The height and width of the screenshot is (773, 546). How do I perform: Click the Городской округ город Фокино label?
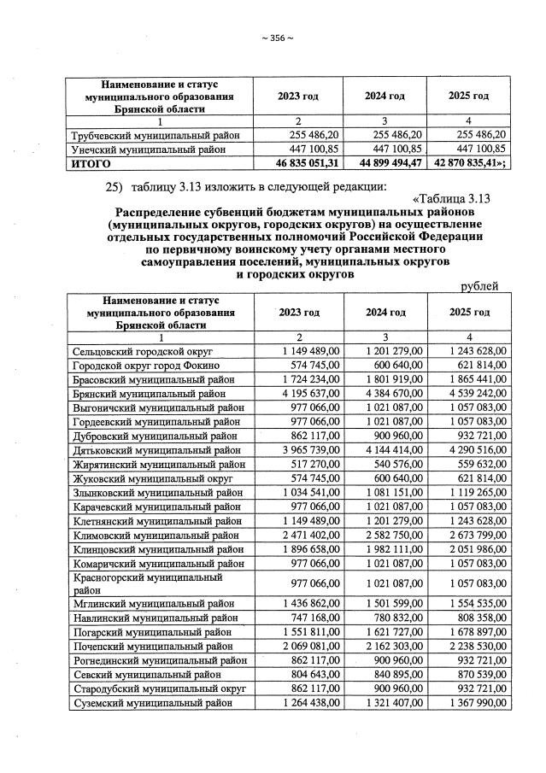click(x=139, y=365)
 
